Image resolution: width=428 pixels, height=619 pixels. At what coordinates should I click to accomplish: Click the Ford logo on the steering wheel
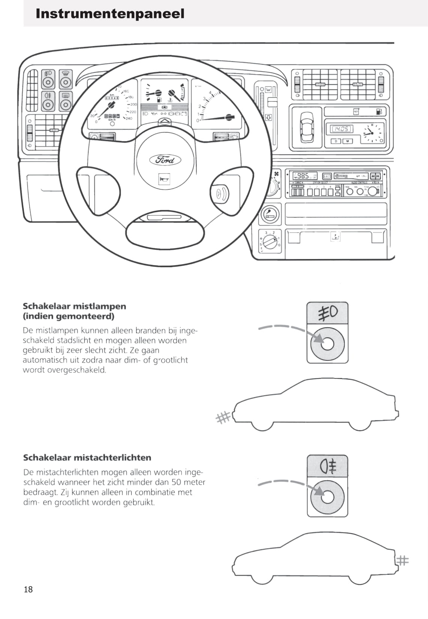(x=165, y=160)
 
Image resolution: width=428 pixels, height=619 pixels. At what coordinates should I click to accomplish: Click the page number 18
(x=28, y=589)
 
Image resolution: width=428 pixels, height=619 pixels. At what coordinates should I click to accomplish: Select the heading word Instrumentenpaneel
(x=110, y=13)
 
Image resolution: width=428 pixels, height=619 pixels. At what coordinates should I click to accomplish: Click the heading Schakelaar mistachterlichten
(x=87, y=457)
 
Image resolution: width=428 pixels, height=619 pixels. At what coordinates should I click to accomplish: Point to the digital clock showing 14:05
(x=341, y=129)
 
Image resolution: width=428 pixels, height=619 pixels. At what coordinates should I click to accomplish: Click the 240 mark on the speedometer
(x=129, y=118)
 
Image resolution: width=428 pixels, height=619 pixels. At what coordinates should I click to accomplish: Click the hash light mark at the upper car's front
(x=223, y=417)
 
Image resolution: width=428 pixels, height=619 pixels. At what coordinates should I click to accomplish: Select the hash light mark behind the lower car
(x=403, y=560)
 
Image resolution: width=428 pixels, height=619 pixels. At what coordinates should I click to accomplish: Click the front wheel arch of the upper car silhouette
(x=262, y=425)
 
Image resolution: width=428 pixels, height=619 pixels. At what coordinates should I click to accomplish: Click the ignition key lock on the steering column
(x=220, y=193)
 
